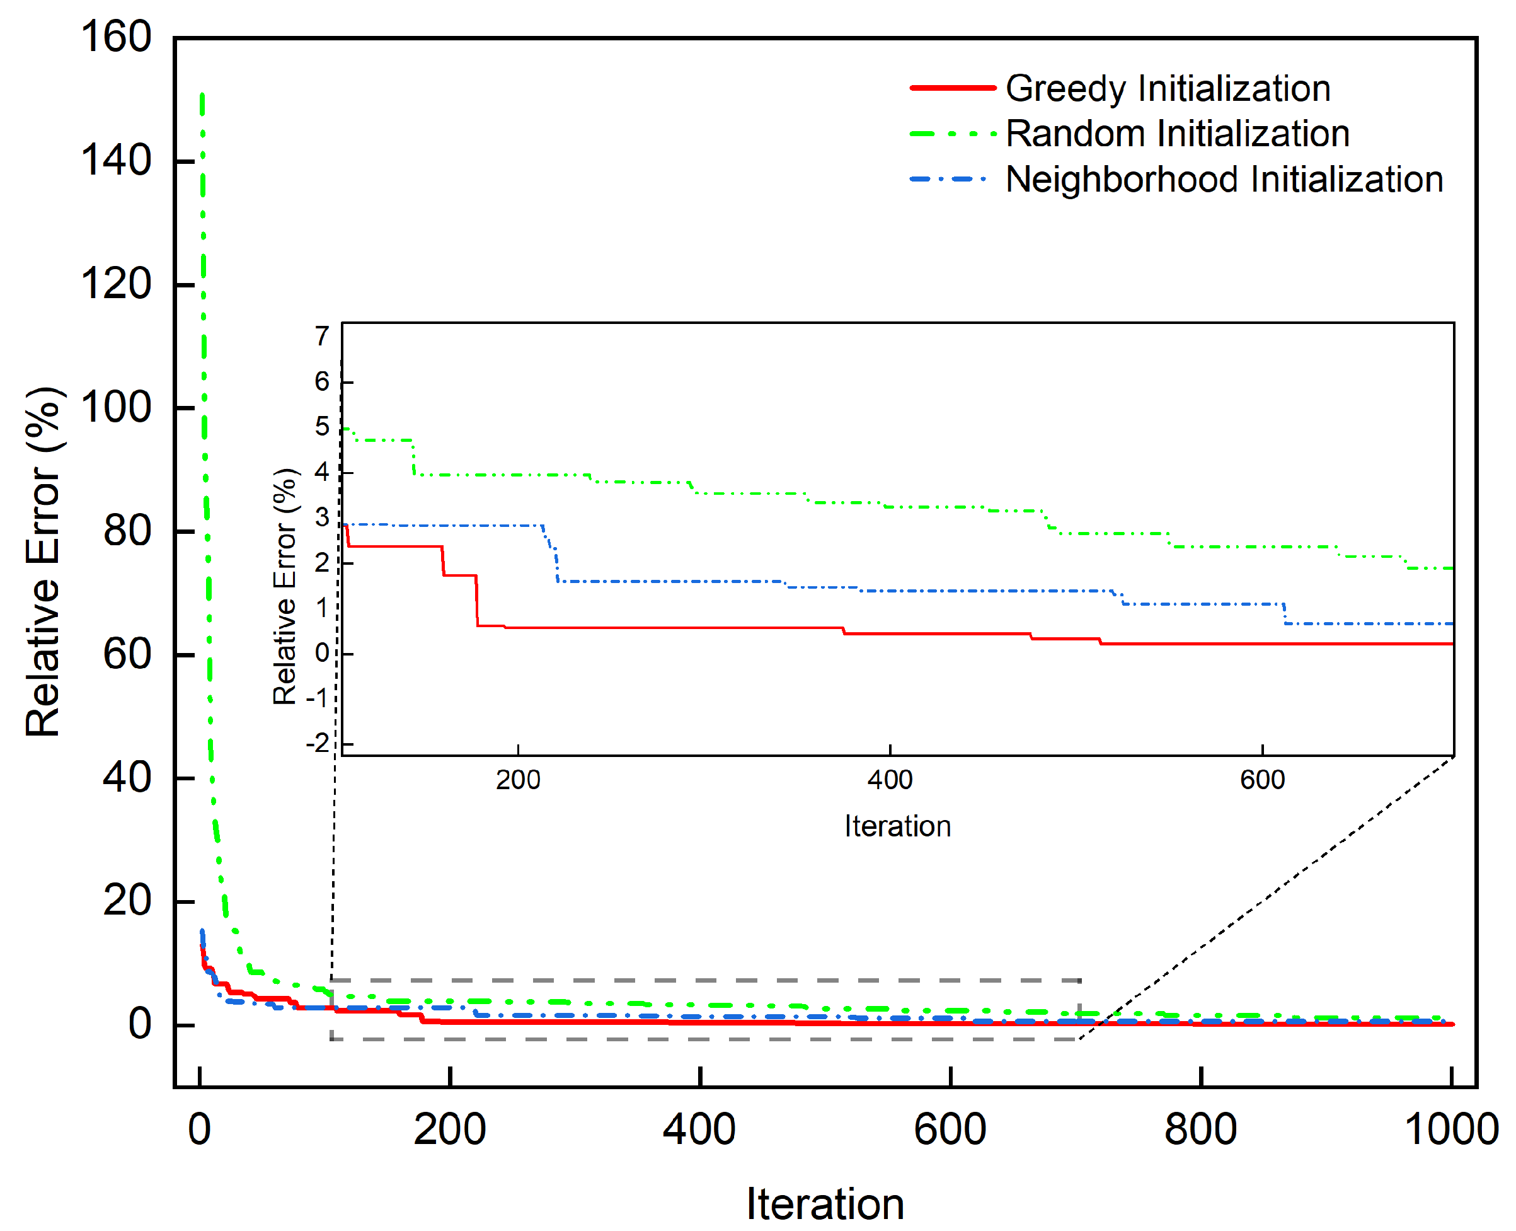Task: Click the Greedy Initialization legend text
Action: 1168,89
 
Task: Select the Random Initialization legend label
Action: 1177,134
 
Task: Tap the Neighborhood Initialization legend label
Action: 1224,180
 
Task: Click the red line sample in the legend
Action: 953,88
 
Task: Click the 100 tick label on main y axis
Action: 115,408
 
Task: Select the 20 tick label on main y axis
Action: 127,901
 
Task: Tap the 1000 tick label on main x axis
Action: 1450,1129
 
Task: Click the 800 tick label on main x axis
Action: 1200,1129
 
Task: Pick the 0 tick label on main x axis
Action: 199,1129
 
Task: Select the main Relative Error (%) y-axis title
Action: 43,562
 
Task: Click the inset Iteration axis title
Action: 897,826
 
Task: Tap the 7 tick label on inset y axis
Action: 323,336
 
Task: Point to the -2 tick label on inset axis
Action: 318,743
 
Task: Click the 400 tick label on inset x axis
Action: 890,780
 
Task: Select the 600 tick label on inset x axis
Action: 1262,780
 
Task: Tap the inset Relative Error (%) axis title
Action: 285,586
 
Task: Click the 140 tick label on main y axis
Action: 115,161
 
